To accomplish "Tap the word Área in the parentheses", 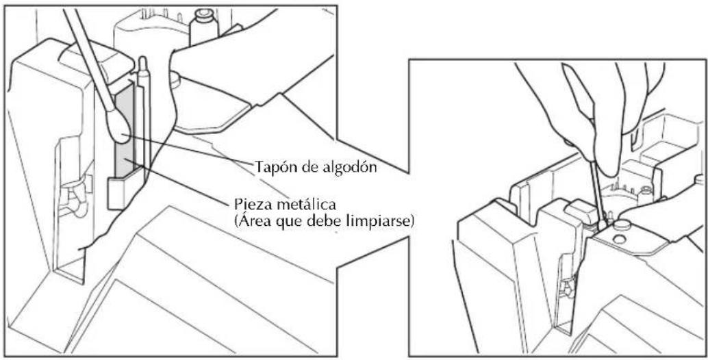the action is coord(253,222).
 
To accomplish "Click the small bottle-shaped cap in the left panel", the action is coord(203,27).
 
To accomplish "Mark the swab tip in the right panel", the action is coord(603,223).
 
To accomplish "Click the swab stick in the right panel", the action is coord(596,189).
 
